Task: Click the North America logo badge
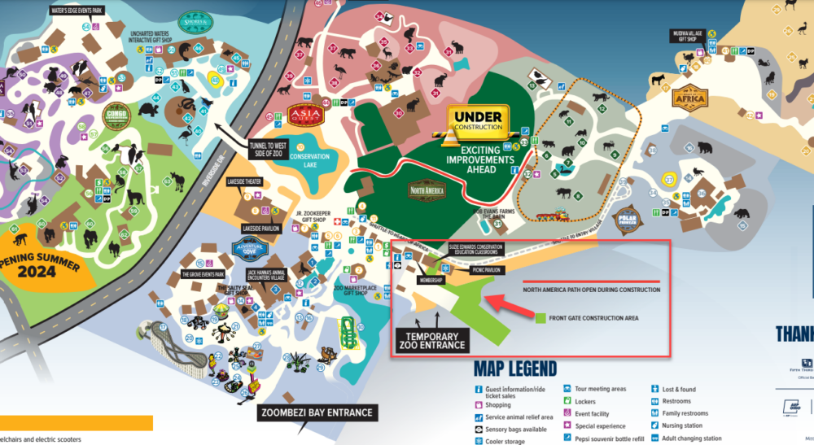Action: [x=427, y=189]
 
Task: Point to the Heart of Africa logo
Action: [x=690, y=97]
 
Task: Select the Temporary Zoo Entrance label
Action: [x=432, y=340]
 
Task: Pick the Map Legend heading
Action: [x=515, y=369]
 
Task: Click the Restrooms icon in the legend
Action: [x=655, y=401]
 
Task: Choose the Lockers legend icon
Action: [x=567, y=401]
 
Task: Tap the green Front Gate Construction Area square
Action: [x=538, y=317]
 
